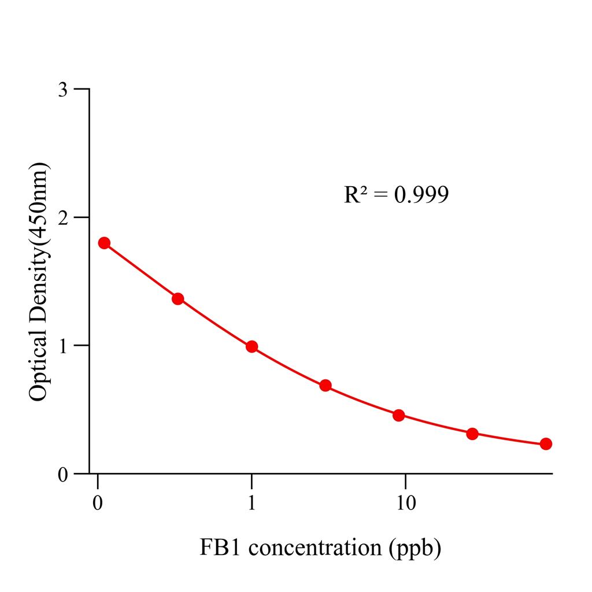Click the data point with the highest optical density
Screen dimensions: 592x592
coord(104,243)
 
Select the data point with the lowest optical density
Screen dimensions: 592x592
coord(546,444)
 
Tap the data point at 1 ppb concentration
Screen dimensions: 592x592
coord(251,346)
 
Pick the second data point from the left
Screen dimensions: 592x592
coord(178,298)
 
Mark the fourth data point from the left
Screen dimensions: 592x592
coord(325,385)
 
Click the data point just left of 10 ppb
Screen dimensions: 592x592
coord(398,415)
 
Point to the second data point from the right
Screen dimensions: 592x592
coord(472,434)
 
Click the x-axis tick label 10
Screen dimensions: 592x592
coord(405,502)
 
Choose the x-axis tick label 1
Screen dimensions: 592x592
coord(251,502)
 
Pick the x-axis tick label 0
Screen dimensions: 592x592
coord(98,502)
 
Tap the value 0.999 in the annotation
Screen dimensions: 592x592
coord(421,195)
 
